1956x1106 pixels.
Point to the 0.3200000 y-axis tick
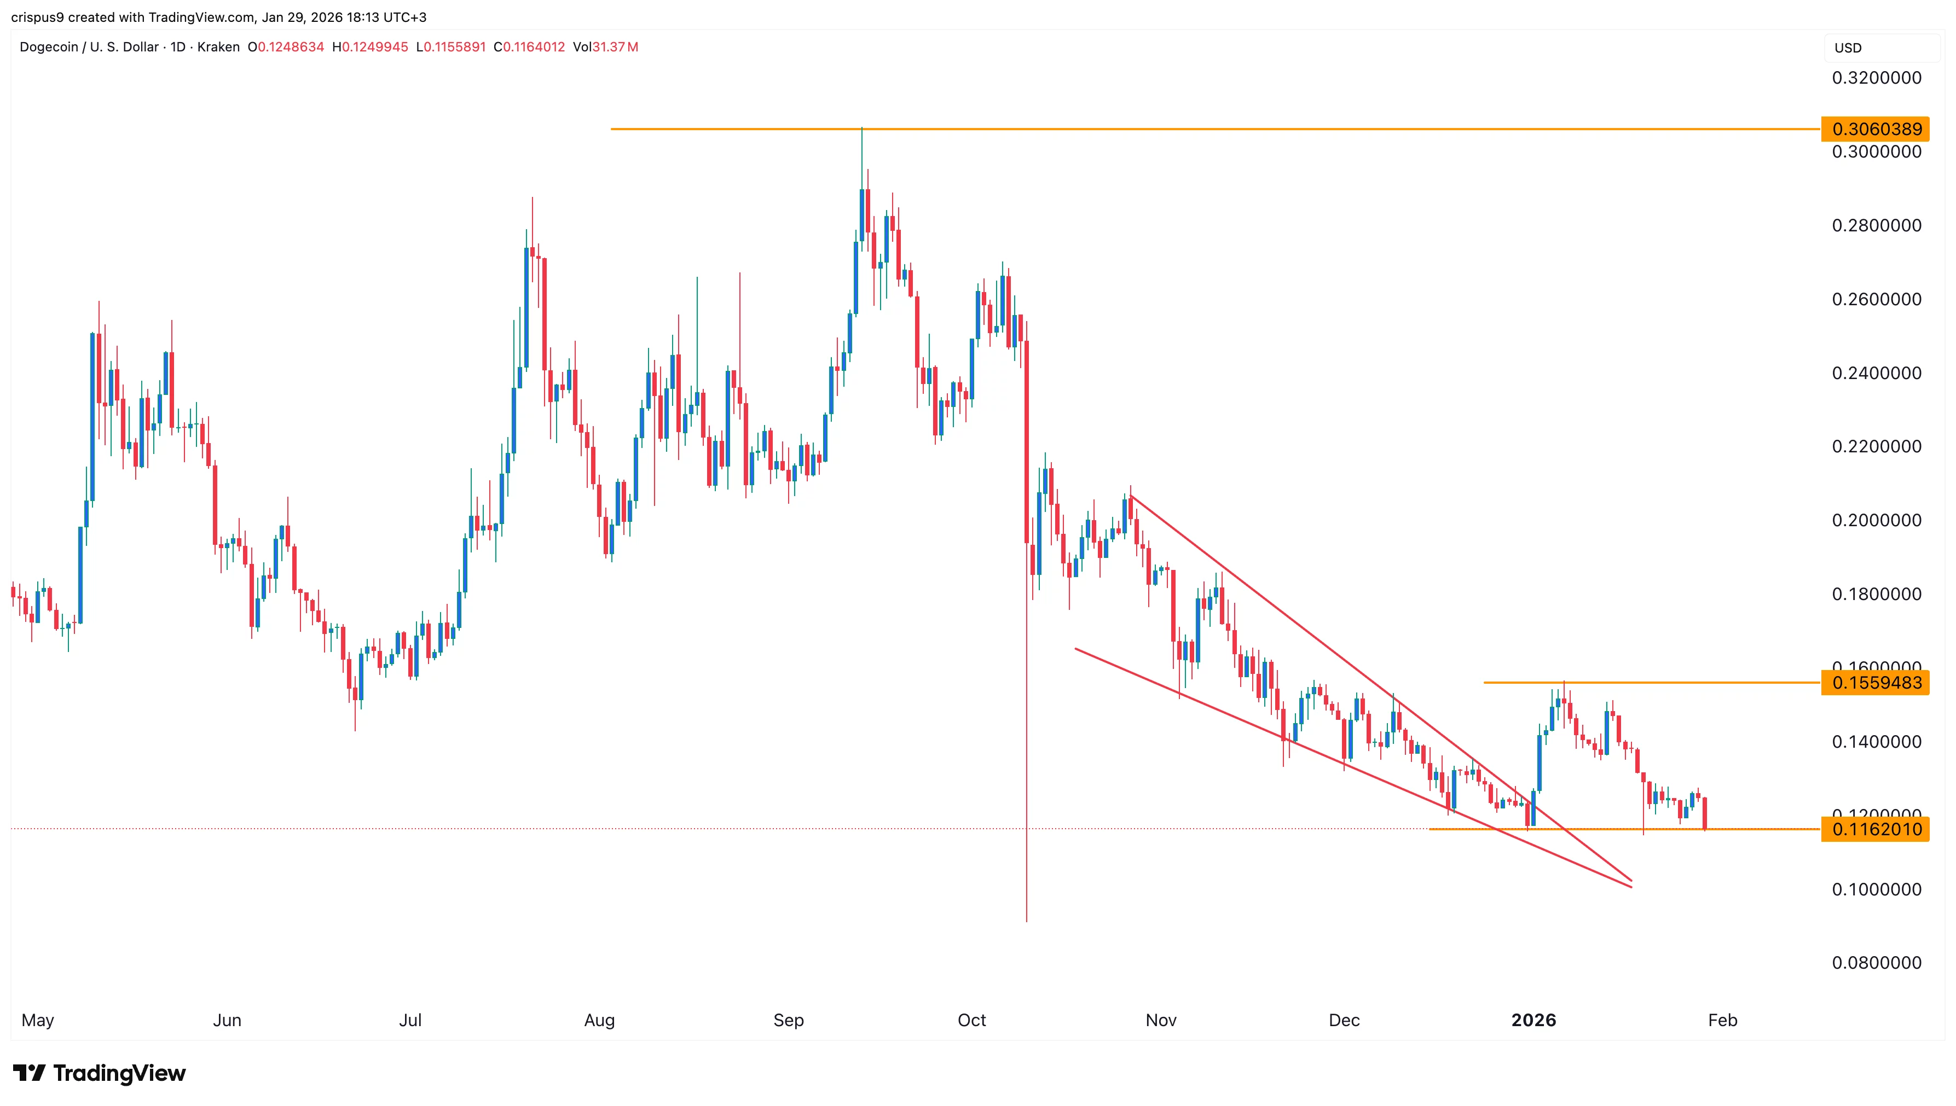click(x=1876, y=78)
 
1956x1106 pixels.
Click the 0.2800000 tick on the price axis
click(x=1876, y=225)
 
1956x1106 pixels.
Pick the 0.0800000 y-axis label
click(x=1876, y=963)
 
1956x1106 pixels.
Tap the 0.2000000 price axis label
click(x=1876, y=520)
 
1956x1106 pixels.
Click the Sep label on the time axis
click(x=788, y=1020)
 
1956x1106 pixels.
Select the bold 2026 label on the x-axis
click(x=1533, y=1020)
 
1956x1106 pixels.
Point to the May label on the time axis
click(x=37, y=1020)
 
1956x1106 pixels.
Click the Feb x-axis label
click(x=1722, y=1020)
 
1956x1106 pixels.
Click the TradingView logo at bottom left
click(x=99, y=1073)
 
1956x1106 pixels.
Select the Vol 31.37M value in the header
click(x=606, y=47)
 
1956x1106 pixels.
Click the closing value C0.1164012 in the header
click(x=530, y=47)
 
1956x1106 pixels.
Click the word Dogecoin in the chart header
click(x=49, y=47)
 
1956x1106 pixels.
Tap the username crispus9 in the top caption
click(x=37, y=17)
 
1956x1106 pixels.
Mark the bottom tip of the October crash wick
click(x=1027, y=921)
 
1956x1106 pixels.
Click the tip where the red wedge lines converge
click(x=1631, y=883)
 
